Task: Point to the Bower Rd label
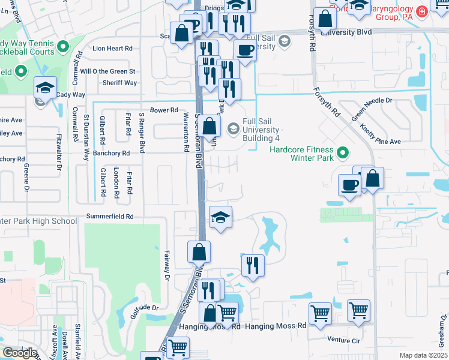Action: [x=164, y=110]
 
